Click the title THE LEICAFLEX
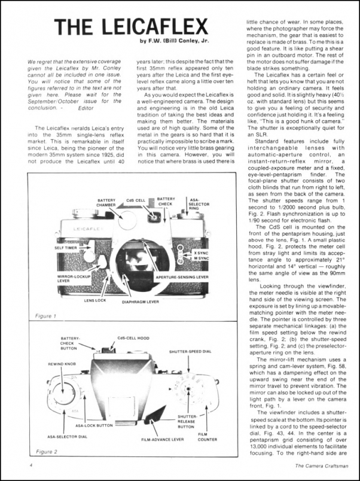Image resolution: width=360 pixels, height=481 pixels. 131,26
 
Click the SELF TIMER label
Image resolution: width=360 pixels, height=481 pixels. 66,247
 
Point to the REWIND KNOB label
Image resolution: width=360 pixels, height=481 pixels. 62,363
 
